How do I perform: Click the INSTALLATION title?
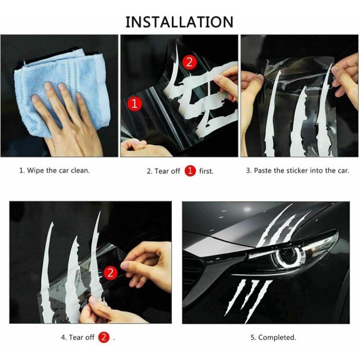(179, 22)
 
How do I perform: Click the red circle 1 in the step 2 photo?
(135, 104)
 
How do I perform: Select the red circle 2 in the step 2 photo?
(189, 62)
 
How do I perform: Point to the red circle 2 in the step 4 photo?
(110, 273)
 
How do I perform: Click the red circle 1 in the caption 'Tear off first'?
(190, 171)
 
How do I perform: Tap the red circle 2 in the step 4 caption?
(104, 337)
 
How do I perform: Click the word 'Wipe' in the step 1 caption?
(36, 171)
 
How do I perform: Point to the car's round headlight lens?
(287, 256)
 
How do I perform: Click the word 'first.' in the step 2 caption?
(206, 171)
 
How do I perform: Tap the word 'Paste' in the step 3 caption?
(262, 171)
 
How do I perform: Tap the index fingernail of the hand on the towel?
(48, 86)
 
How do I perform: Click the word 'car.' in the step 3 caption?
(343, 171)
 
